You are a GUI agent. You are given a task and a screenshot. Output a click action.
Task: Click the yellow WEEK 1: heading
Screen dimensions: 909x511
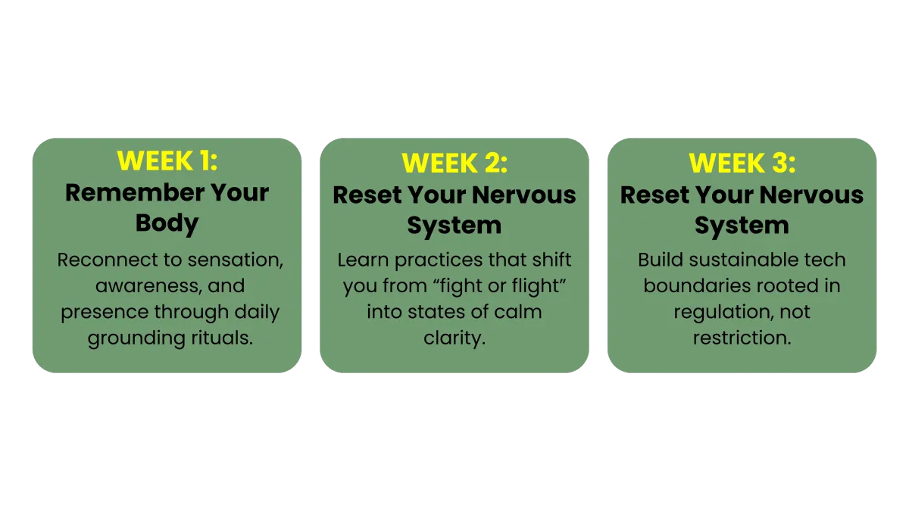tap(167, 160)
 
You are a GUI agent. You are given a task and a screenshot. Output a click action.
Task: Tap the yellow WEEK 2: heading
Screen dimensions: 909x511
tap(454, 163)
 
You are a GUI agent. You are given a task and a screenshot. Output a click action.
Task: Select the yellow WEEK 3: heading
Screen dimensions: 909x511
tap(742, 163)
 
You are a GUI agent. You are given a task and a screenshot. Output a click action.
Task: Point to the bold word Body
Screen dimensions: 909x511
tap(167, 223)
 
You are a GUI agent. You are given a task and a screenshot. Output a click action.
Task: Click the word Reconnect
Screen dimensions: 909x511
tap(107, 260)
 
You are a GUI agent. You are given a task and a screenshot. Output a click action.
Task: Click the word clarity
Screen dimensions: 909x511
tap(454, 338)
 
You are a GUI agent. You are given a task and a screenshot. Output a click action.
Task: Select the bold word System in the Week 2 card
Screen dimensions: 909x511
tap(454, 226)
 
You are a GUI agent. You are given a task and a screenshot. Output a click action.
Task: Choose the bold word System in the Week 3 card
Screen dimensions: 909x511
tap(742, 226)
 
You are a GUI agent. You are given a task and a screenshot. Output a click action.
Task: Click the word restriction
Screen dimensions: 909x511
tap(742, 338)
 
